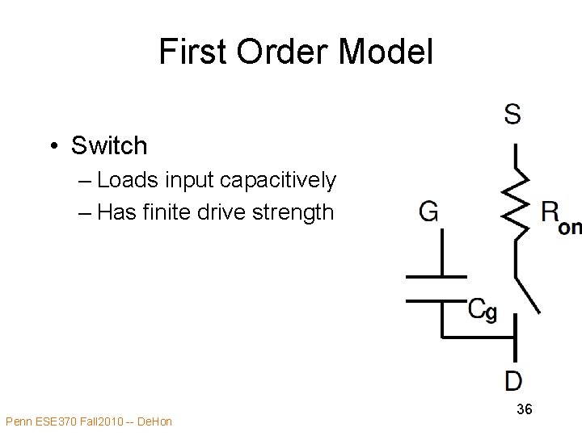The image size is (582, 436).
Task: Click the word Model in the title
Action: (386, 52)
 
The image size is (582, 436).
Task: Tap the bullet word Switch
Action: (109, 146)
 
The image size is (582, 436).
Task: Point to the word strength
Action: (293, 212)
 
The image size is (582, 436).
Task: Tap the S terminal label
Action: (512, 115)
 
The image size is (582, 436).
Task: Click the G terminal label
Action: (429, 212)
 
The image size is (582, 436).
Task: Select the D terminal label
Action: (513, 379)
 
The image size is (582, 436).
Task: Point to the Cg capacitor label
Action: (483, 310)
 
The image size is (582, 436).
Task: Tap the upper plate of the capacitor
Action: (436, 277)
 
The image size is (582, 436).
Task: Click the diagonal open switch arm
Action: (528, 295)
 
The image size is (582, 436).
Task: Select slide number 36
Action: (524, 409)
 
